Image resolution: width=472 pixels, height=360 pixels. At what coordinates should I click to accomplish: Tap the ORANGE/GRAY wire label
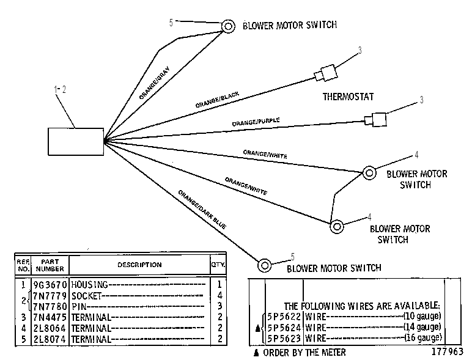155,83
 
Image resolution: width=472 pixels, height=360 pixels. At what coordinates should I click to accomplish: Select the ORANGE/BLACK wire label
217,100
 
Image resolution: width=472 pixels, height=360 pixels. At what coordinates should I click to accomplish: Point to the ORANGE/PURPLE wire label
256,122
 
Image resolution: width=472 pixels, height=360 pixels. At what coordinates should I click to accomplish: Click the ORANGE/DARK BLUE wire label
202,210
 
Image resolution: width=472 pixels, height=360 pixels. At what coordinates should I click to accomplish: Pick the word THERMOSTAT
348,97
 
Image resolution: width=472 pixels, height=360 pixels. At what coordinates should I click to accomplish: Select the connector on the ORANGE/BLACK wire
326,73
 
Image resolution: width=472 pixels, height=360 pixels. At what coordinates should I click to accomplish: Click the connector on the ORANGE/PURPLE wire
375,120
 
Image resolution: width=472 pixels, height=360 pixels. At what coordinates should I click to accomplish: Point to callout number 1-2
60,89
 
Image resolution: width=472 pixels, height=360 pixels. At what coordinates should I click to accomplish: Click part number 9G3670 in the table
50,284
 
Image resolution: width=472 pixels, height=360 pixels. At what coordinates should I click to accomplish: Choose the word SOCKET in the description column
86,296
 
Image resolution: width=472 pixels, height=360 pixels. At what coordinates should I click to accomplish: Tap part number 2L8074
50,339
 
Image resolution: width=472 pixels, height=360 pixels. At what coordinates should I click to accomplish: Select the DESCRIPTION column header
139,265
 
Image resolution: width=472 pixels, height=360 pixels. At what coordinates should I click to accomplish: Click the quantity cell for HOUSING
219,284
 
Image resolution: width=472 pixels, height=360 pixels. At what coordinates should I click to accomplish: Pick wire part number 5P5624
284,327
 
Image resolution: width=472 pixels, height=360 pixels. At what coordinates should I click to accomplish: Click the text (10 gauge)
422,316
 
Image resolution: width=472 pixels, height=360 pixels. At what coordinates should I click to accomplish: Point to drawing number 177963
448,351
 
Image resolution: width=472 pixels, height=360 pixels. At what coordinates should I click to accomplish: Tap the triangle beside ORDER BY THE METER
256,353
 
